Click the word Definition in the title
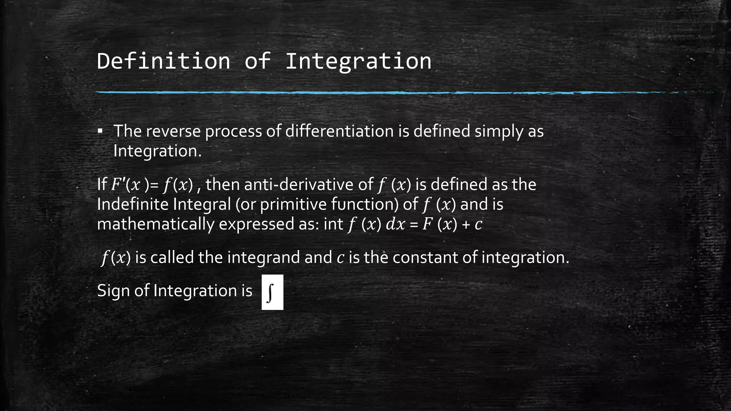(x=163, y=61)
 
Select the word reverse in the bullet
(x=173, y=131)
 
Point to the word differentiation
(x=339, y=131)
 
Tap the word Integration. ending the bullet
(x=157, y=151)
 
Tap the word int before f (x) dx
(x=333, y=224)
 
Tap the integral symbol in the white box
(x=272, y=292)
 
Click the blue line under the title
(x=357, y=92)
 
